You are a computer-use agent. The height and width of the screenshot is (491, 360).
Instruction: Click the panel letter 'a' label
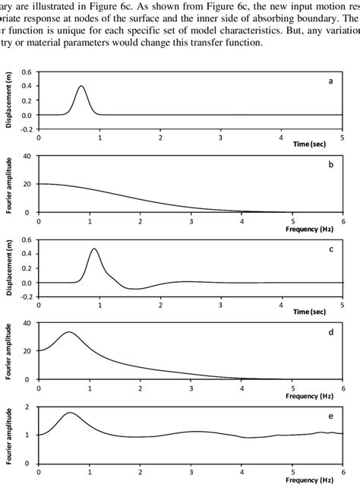click(x=330, y=80)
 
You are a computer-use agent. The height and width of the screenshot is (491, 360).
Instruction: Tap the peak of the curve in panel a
click(x=81, y=86)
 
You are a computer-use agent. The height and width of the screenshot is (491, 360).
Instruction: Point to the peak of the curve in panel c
click(x=94, y=249)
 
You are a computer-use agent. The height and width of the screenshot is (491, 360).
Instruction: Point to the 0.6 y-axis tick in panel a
click(x=27, y=72)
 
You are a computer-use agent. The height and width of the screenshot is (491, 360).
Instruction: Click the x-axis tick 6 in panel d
click(x=343, y=388)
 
